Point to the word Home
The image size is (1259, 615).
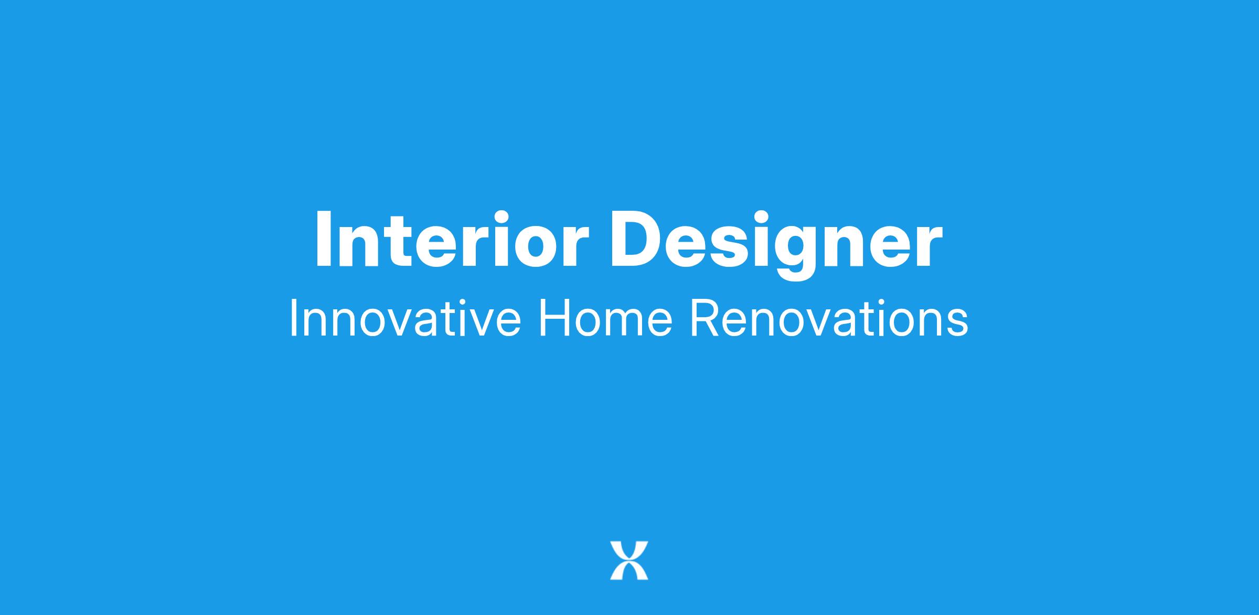(605, 318)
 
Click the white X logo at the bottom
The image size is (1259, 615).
(629, 560)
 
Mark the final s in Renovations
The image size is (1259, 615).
(957, 323)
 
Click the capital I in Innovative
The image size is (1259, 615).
(292, 318)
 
